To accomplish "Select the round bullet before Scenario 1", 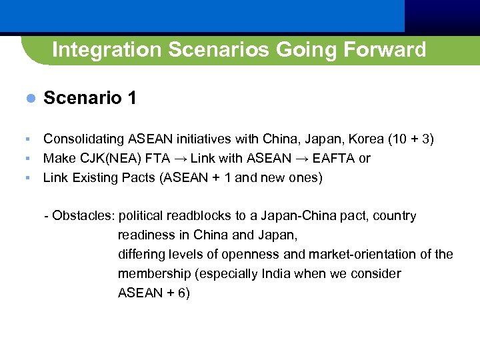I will [29, 98].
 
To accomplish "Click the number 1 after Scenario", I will [131, 98].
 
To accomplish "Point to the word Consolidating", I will [83, 139].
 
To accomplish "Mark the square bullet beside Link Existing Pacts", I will [28, 178].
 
